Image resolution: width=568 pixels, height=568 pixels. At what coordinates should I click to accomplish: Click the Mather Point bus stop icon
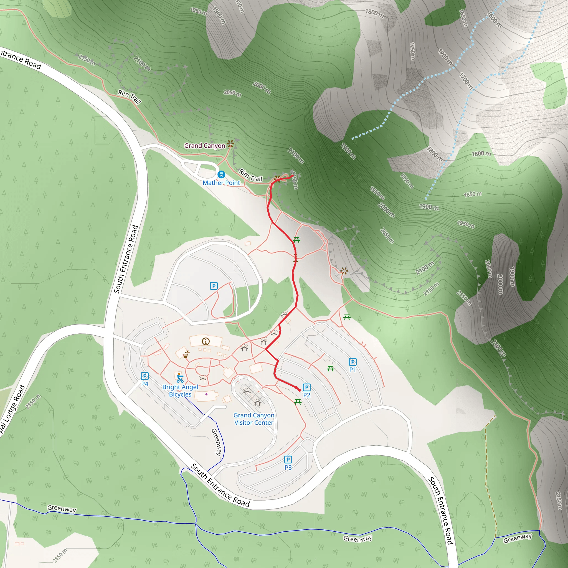[x=221, y=175]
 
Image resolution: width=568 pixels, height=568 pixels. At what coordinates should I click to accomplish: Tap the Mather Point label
[x=221, y=183]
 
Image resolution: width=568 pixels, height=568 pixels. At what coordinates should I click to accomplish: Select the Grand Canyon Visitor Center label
[x=254, y=419]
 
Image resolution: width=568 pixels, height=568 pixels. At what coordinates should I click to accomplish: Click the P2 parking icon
[x=307, y=387]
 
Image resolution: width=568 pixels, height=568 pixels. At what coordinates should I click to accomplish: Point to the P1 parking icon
[x=353, y=362]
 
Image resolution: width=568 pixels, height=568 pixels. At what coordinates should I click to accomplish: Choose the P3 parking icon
[x=288, y=460]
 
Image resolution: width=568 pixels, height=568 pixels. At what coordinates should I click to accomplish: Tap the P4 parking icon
[x=145, y=376]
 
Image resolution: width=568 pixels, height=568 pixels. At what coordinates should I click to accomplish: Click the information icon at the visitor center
[x=206, y=341]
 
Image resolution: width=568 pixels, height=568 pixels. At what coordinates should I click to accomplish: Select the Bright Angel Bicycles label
[x=180, y=391]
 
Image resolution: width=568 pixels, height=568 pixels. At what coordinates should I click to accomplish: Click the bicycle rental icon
[x=180, y=378]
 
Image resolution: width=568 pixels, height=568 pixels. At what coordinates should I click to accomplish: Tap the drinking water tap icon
[x=186, y=354]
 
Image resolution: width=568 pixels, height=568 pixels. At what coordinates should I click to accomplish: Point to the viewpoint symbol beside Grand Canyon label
[x=231, y=144]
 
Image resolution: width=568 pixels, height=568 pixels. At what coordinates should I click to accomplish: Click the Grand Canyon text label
[x=205, y=146]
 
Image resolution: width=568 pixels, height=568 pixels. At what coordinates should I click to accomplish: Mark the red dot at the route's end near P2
[x=300, y=390]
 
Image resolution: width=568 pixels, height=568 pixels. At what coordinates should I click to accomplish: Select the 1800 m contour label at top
[x=374, y=13]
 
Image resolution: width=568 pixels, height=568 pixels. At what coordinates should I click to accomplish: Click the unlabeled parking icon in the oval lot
[x=214, y=286]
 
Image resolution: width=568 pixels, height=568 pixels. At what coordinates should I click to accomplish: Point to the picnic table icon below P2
[x=298, y=402]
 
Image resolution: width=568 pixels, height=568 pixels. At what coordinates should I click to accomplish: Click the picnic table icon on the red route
[x=296, y=240]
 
